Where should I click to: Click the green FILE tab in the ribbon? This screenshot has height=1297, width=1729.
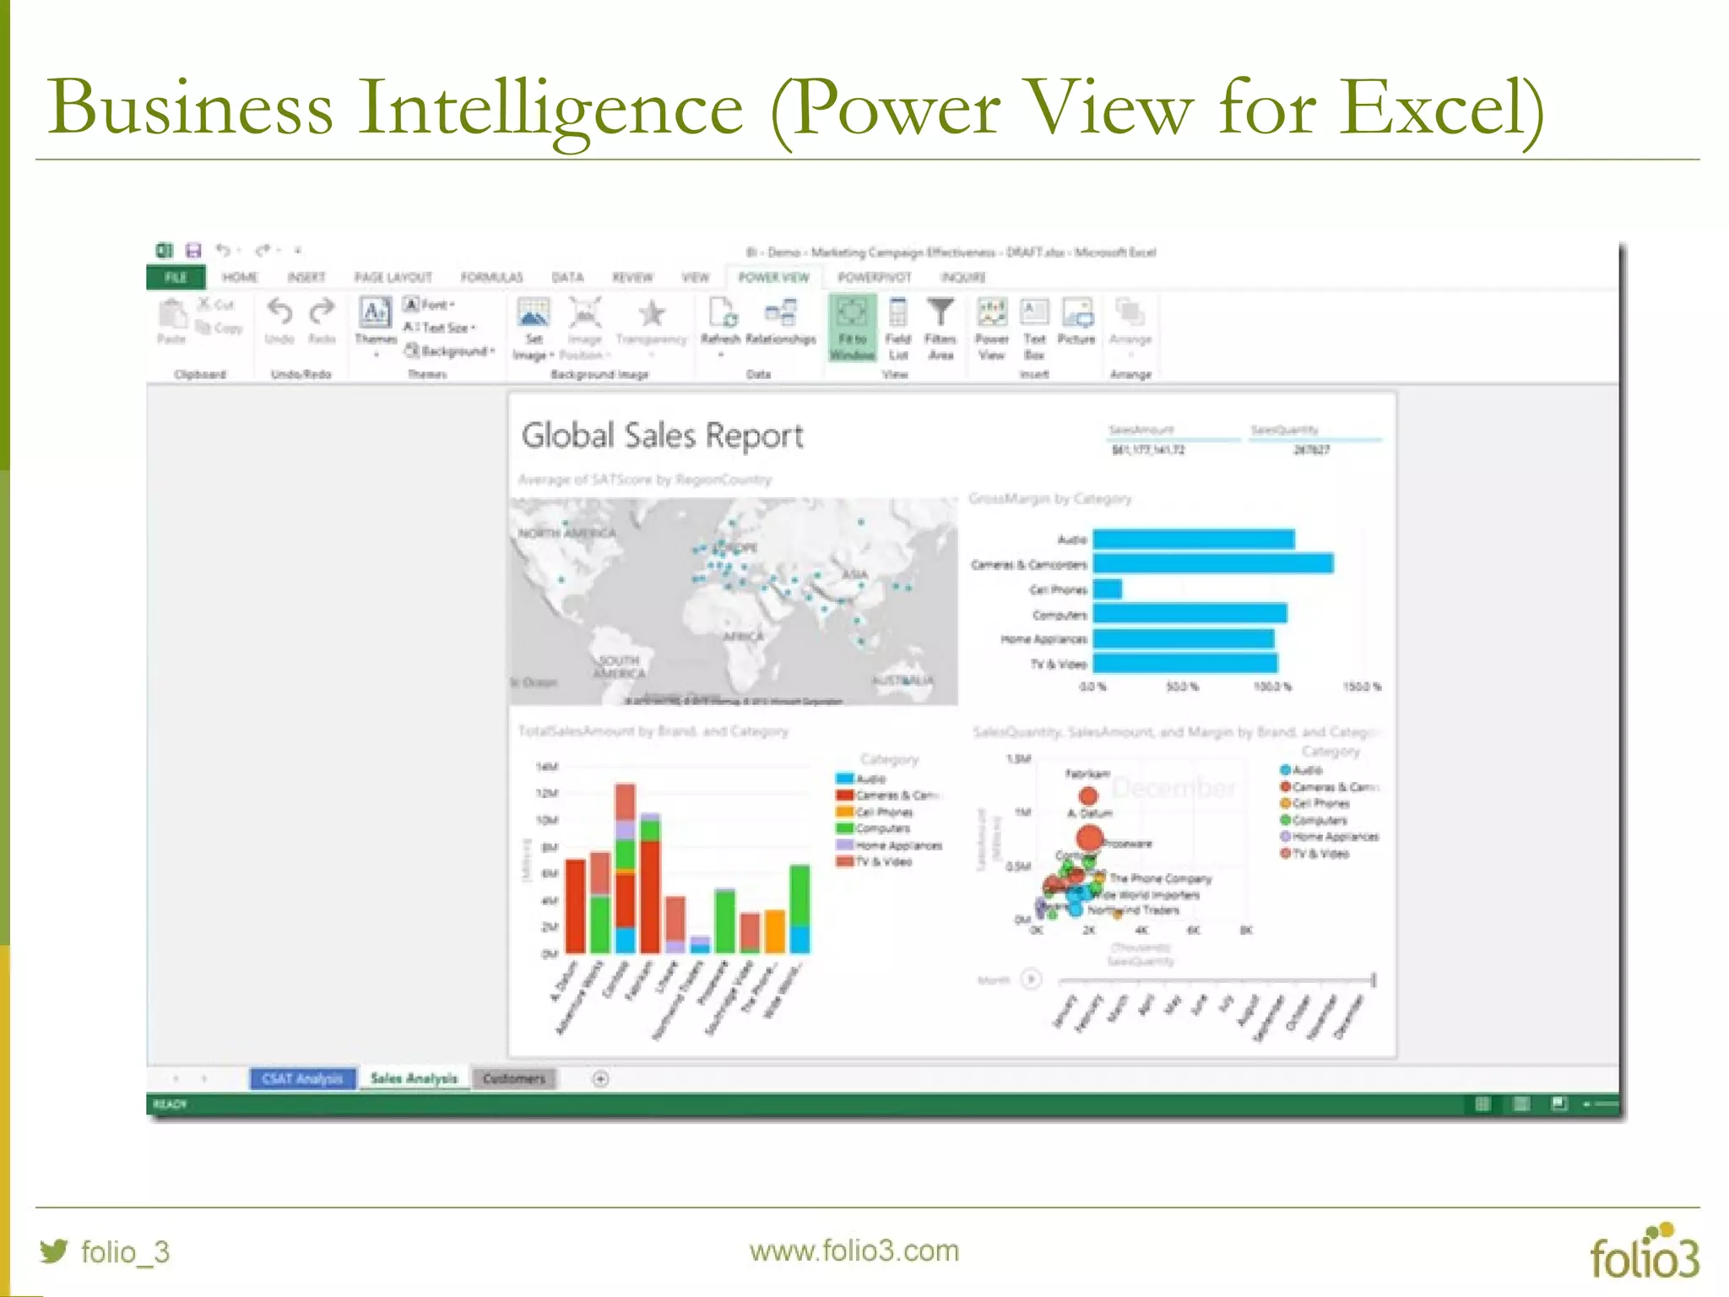coord(176,278)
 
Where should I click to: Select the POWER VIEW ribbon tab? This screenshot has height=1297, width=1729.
coord(773,278)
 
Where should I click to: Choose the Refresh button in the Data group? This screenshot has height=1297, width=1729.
coord(720,324)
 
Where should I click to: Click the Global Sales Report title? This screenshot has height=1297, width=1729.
coord(662,436)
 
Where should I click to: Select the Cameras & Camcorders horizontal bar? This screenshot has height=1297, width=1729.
coord(1213,563)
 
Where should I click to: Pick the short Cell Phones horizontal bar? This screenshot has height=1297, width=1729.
coord(1108,589)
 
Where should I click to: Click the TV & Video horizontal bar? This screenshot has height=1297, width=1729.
coord(1185,663)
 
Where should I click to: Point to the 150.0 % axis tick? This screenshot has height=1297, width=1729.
coord(1361,686)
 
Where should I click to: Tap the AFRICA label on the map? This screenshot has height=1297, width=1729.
coord(743,636)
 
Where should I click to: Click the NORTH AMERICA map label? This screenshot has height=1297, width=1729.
coord(566,533)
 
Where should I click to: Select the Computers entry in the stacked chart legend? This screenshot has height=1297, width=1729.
coord(882,828)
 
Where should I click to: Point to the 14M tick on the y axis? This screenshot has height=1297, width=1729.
coord(547,767)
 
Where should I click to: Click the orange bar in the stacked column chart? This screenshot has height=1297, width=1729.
coord(775,931)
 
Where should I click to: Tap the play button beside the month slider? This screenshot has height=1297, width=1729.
coord(1031,980)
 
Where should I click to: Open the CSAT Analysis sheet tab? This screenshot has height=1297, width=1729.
coord(302,1078)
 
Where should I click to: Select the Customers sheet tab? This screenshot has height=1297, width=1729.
coord(513,1078)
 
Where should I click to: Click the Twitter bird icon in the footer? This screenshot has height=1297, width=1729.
coord(54,1251)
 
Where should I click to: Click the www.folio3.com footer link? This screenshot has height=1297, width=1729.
coord(854,1251)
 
